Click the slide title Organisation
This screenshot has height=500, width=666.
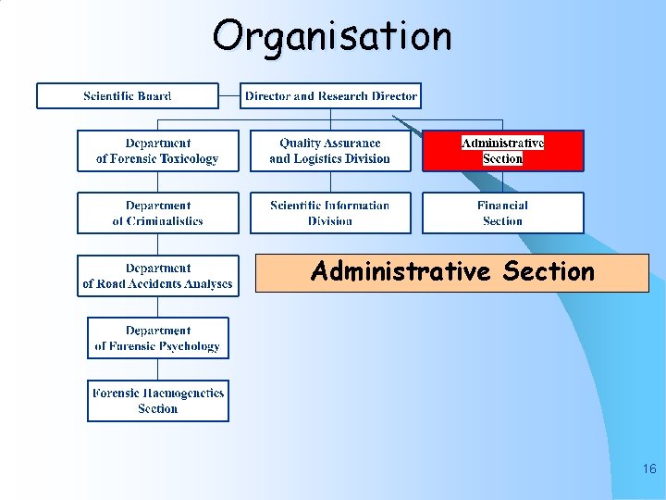(x=332, y=37)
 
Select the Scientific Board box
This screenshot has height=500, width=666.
(x=128, y=96)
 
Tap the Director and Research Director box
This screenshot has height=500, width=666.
(x=330, y=96)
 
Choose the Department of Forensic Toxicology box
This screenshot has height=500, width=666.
(x=157, y=151)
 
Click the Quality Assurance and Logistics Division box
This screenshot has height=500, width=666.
(x=330, y=151)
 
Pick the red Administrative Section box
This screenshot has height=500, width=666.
(x=503, y=151)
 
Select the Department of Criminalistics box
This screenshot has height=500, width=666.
(x=157, y=213)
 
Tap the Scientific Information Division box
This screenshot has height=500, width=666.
(x=330, y=213)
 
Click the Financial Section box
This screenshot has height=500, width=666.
(x=503, y=213)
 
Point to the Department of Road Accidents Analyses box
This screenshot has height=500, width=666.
(x=157, y=276)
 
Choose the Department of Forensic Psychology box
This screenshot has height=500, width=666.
(x=157, y=338)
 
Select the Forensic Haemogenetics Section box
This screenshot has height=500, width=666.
(x=157, y=401)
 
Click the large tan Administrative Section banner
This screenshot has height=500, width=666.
(x=452, y=273)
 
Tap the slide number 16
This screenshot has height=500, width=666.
(x=648, y=469)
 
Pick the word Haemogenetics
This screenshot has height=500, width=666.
(x=182, y=393)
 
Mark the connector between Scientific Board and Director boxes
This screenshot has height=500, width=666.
(x=229, y=96)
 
